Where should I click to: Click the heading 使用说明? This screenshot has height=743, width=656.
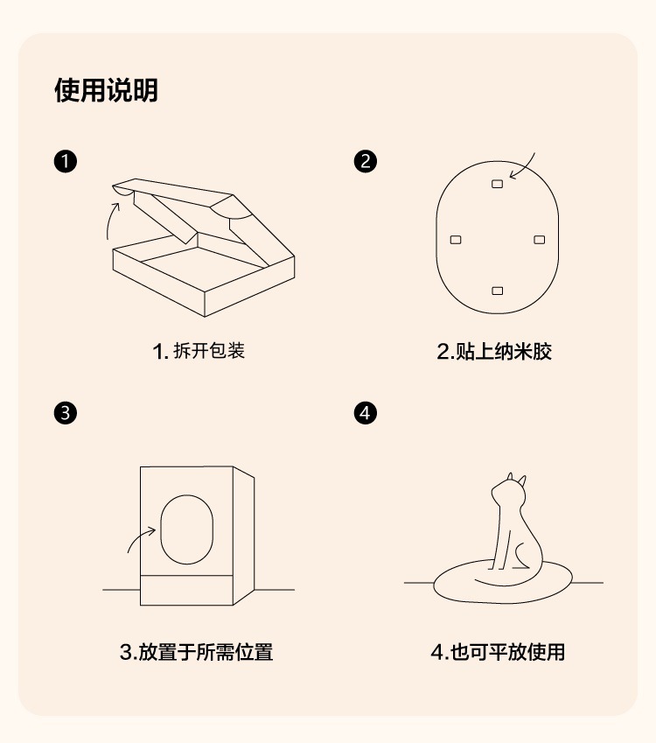coord(106,90)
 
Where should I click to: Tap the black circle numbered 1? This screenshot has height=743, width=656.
coord(66,162)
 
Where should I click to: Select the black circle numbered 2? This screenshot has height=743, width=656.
coord(366,162)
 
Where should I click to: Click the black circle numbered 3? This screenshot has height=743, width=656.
coord(66,413)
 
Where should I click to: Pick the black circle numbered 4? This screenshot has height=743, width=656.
coord(366,413)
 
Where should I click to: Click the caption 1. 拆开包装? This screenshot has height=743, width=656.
coord(199,351)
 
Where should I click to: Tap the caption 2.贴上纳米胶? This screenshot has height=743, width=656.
coord(494,351)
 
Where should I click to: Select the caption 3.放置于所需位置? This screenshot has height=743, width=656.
coord(196,652)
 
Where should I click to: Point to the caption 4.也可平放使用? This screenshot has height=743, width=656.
coord(498,652)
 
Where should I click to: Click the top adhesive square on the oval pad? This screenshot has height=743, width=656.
coord(498,184)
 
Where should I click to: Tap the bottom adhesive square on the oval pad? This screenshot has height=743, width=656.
coord(498,291)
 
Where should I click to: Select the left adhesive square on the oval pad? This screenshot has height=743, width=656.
coord(456,240)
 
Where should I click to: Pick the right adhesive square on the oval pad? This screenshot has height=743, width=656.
coord(540,240)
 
